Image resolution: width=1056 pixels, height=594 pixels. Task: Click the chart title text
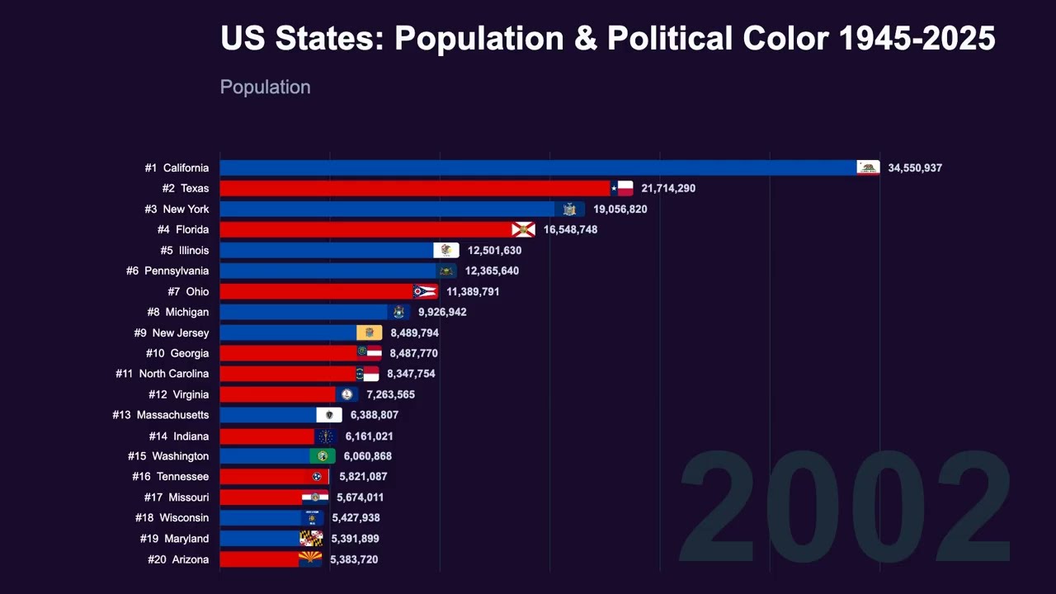pyautogui.click(x=607, y=39)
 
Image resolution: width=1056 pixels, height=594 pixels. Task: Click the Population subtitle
pyautogui.click(x=265, y=87)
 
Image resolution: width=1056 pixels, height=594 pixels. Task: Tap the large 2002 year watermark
pyautogui.click(x=844, y=507)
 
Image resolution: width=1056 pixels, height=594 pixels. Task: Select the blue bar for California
pyautogui.click(x=536, y=167)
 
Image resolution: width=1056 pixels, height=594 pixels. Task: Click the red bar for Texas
pyautogui.click(x=412, y=188)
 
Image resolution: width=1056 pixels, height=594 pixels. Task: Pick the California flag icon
pyautogui.click(x=868, y=167)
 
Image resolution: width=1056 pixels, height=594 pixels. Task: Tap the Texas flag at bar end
pyautogui.click(x=622, y=188)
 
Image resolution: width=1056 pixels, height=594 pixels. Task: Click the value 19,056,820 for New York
pyautogui.click(x=620, y=209)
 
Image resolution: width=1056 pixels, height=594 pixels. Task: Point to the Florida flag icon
pyautogui.click(x=523, y=229)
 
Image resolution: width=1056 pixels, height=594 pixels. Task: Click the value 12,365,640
pyautogui.click(x=492, y=271)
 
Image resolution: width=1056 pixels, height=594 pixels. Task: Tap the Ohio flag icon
pyautogui.click(x=425, y=291)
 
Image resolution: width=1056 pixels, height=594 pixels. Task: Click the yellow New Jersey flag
pyautogui.click(x=369, y=332)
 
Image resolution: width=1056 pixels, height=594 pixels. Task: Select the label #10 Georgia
pyautogui.click(x=177, y=353)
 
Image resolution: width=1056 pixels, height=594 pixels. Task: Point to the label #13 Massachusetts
pyautogui.click(x=161, y=415)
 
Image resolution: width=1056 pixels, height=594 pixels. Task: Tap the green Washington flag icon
pyautogui.click(x=323, y=456)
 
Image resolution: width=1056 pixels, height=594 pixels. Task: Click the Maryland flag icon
pyautogui.click(x=311, y=539)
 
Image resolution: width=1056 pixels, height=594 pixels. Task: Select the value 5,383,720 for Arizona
pyautogui.click(x=354, y=559)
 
